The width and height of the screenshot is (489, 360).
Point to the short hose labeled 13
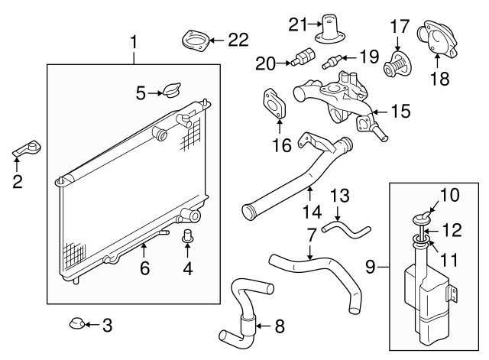345,227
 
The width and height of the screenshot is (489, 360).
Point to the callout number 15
400,112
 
